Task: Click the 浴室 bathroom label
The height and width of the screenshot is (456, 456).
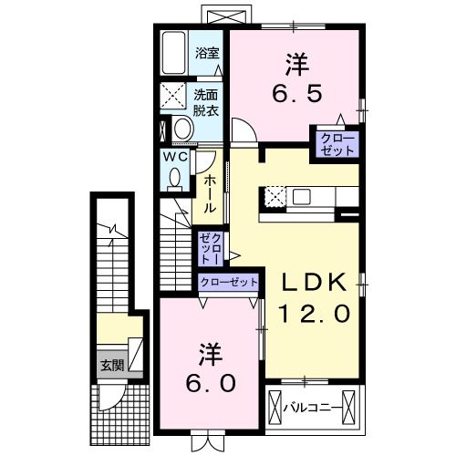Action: click(x=207, y=53)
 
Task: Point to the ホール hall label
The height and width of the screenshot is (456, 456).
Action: click(x=209, y=194)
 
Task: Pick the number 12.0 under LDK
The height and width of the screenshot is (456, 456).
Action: click(x=313, y=314)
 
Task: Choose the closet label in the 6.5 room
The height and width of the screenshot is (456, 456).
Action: click(x=336, y=143)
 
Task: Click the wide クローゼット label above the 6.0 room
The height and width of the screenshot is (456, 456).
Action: click(x=228, y=282)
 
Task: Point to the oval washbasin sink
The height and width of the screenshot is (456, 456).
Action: click(x=181, y=129)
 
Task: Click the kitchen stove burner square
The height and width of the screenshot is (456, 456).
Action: click(x=274, y=195)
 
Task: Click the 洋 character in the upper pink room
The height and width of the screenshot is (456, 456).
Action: click(x=295, y=65)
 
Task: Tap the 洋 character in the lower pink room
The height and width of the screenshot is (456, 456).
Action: click(x=209, y=351)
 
